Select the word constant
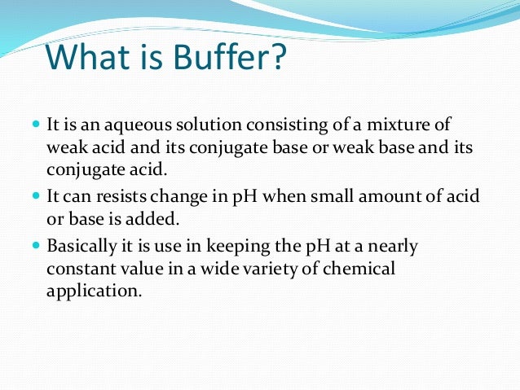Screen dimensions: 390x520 78,268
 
